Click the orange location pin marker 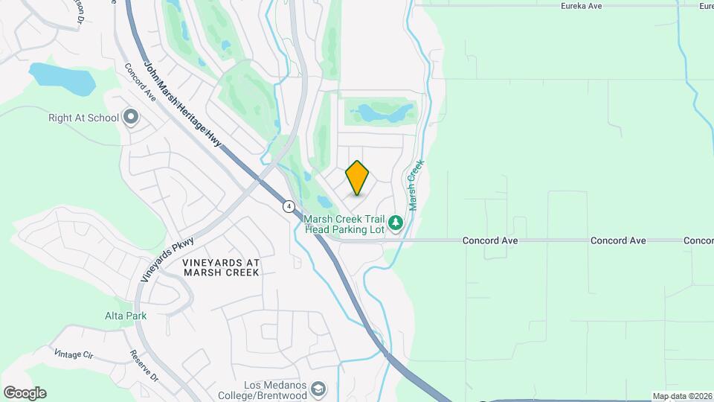(x=358, y=178)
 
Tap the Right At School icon (x=131, y=118)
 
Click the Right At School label (x=83, y=118)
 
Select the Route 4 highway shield (x=289, y=205)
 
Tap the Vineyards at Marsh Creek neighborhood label (x=221, y=267)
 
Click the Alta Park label (x=126, y=316)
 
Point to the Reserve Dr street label (x=144, y=366)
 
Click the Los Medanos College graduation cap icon (x=318, y=389)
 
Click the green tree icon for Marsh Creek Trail (x=396, y=222)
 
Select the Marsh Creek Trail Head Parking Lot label (x=344, y=224)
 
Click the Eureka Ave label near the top (x=581, y=6)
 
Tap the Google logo (x=25, y=392)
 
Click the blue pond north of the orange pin (x=384, y=113)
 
